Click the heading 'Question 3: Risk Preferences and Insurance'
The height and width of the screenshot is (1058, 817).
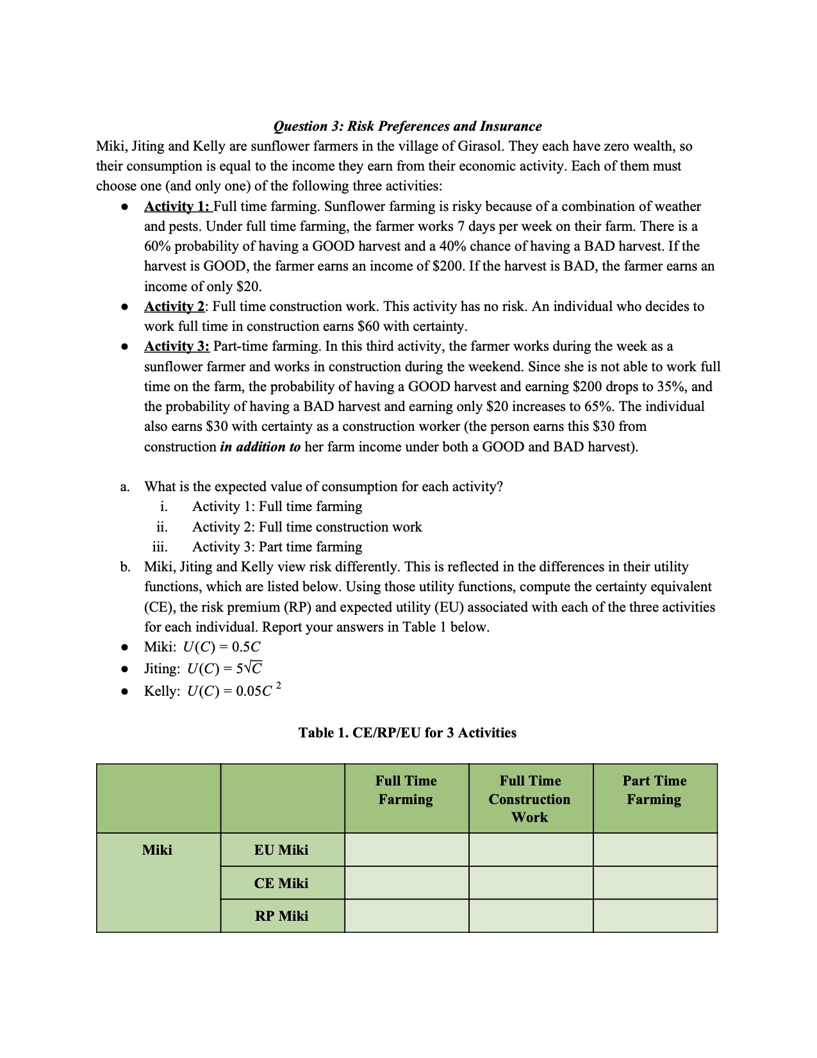(x=408, y=126)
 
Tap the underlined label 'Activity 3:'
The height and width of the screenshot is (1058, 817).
(x=177, y=346)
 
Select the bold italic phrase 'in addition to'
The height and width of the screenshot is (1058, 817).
(x=260, y=447)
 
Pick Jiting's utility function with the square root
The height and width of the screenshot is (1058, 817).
(x=224, y=669)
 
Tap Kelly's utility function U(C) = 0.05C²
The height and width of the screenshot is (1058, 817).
(x=233, y=691)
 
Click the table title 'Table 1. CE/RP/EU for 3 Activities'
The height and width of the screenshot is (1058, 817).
(x=408, y=733)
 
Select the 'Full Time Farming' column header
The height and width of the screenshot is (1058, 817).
(x=406, y=791)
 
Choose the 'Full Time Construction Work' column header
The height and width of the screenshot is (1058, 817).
(x=530, y=799)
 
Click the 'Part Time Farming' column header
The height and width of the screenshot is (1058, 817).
(x=654, y=791)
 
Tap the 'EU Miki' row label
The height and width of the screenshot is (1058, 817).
(x=281, y=850)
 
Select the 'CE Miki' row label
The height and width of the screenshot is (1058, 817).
(x=281, y=884)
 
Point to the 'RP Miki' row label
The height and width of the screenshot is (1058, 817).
(x=281, y=916)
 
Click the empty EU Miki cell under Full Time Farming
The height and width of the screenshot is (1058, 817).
(x=406, y=850)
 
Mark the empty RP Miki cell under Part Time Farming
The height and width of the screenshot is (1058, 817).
(x=654, y=916)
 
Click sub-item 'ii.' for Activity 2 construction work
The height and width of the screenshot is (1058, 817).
(x=162, y=527)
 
